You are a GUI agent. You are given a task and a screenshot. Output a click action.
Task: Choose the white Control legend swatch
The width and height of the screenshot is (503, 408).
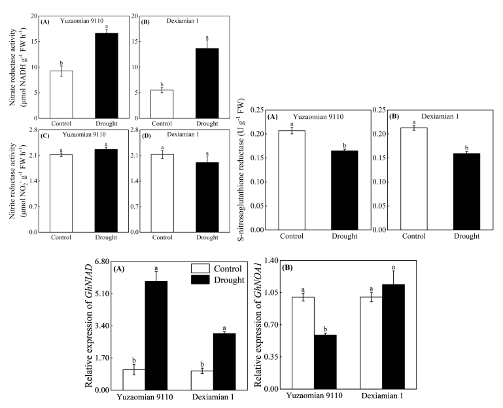coord(203,268)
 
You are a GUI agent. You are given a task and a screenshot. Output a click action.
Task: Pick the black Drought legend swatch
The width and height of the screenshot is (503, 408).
coord(203,279)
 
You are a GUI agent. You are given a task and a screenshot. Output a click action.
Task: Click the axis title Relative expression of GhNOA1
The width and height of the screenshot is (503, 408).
coord(257,325)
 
